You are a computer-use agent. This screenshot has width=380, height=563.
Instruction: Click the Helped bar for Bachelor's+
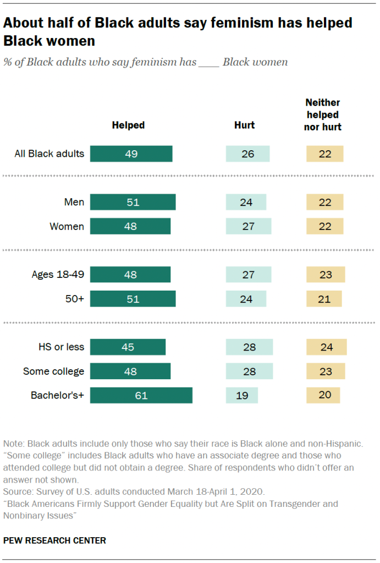coord(141,395)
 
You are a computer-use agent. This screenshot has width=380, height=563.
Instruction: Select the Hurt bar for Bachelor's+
coord(241,395)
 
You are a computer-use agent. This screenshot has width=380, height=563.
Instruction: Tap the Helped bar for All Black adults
coord(131,154)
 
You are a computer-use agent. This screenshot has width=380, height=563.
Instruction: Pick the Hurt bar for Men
coord(246,203)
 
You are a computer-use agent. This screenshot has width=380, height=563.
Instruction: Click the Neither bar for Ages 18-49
coord(326,275)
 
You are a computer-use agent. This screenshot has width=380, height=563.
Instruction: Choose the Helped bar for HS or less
coord(128,347)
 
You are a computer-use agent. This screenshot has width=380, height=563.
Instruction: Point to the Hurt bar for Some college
coord(249,371)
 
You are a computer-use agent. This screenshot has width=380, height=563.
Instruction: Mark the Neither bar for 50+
coord(324,299)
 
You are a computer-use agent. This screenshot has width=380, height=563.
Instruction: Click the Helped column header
coord(128,125)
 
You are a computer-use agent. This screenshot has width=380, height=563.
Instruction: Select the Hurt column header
coord(245,125)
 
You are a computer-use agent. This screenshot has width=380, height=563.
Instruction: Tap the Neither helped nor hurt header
coord(323,114)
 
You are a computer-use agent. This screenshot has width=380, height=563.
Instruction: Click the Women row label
coord(67,226)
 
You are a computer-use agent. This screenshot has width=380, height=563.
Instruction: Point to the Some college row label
coord(53,371)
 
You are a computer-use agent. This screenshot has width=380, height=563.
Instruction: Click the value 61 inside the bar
coord(141,395)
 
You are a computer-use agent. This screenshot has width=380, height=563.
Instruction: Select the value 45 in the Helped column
coord(128,347)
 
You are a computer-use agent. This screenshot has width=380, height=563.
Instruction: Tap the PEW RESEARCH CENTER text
coord(54,540)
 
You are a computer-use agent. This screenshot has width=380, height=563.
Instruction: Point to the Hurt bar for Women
coord(249,226)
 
